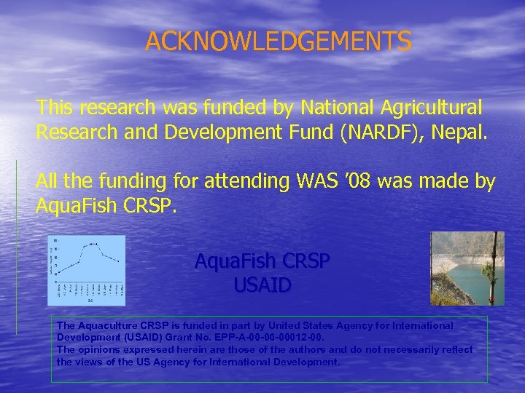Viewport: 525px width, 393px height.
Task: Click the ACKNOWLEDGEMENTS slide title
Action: (279, 41)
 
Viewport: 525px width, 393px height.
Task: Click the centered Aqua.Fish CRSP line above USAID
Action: (262, 261)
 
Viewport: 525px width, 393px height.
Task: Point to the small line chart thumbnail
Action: (86, 270)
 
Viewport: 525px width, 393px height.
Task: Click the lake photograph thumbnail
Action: (467, 269)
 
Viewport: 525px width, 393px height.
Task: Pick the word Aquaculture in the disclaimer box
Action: (109, 325)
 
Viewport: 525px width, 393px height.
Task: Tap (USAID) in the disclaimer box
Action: (145, 338)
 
